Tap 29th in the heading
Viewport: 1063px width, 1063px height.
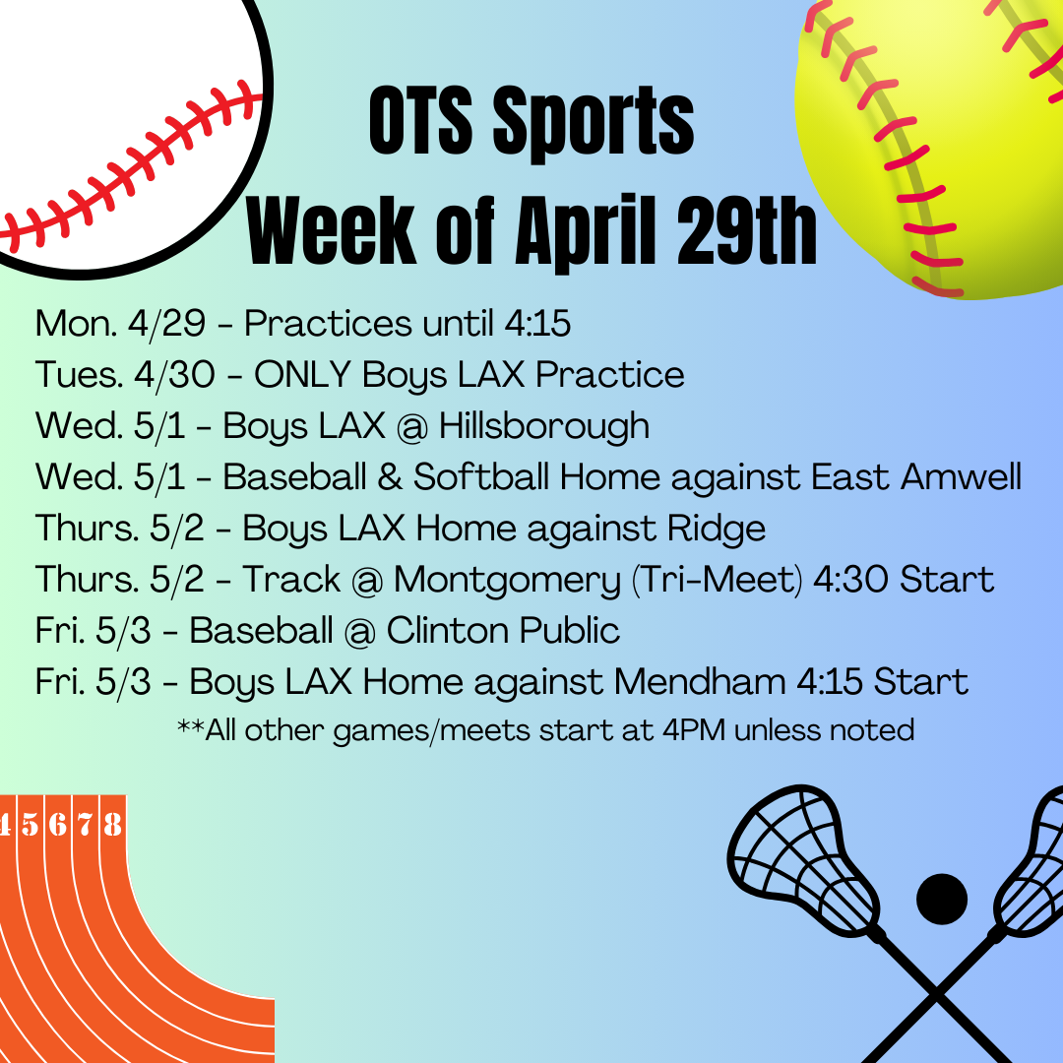[746, 230]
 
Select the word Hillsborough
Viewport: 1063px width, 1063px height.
[543, 427]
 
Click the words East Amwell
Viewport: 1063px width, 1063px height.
[916, 476]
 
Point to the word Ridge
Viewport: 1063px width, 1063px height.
[717, 530]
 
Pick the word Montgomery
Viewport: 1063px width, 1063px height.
[507, 581]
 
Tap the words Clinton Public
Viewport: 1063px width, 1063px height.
[503, 631]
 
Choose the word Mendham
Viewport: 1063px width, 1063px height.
[700, 682]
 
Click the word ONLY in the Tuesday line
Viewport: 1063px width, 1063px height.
[302, 374]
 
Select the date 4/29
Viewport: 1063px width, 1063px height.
[166, 324]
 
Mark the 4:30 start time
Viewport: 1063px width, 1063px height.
[850, 581]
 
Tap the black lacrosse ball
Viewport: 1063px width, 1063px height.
[942, 899]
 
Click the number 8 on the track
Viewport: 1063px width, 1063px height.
[112, 824]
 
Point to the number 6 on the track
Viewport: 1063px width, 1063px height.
[58, 824]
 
